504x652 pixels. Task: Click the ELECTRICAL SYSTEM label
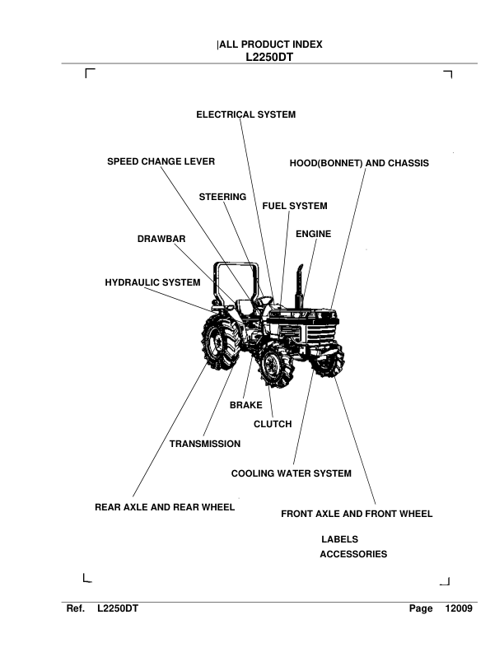click(245, 115)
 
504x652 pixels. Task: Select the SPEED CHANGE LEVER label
click(161, 162)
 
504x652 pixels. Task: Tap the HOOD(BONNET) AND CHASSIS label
click(359, 163)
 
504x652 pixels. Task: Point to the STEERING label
click(222, 198)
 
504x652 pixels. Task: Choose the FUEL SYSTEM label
click(294, 206)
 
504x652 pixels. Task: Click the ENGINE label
click(313, 235)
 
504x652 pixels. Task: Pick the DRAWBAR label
click(161, 240)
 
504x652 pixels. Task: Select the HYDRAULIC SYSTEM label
click(152, 282)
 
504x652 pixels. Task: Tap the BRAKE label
click(245, 405)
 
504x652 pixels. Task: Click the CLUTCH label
click(273, 424)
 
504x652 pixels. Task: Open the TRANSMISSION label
click(205, 444)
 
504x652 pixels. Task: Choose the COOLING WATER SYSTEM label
click(291, 473)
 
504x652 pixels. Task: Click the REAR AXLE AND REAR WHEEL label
click(165, 507)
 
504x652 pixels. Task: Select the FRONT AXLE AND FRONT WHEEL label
click(357, 514)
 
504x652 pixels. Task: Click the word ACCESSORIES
click(352, 555)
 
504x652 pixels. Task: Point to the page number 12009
click(457, 608)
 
